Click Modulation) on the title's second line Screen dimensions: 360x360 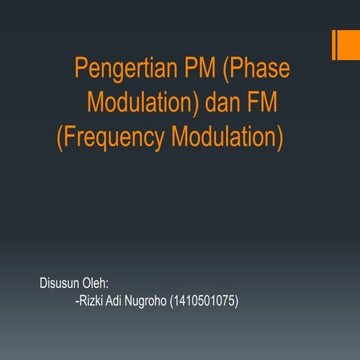pyautogui.click(x=141, y=103)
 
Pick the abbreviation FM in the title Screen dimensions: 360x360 pyautogui.click(x=266, y=103)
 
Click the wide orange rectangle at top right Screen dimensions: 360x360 pyautogui.click(x=348, y=45)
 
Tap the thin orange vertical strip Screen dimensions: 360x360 pyautogui.click(x=334, y=45)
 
